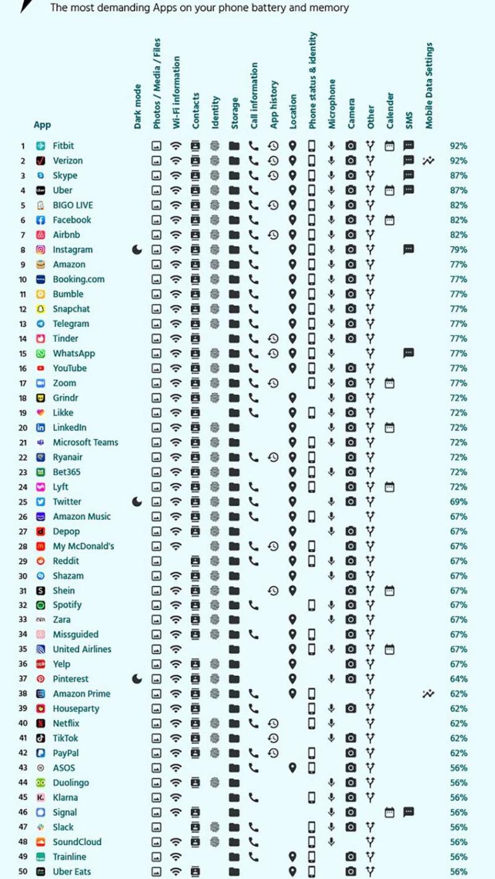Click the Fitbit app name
(63, 146)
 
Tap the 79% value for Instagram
(458, 250)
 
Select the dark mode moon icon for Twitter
(137, 501)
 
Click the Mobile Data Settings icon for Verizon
(429, 161)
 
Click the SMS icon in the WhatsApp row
(408, 353)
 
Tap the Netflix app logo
(41, 723)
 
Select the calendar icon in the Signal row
(389, 812)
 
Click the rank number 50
(23, 872)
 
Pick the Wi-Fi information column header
(177, 93)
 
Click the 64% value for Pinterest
(458, 679)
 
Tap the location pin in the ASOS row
(293, 767)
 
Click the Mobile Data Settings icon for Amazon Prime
(429, 694)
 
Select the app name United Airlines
(82, 649)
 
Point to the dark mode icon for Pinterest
(137, 679)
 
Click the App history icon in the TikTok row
(273, 738)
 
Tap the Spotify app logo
(41, 605)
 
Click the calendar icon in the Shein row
(389, 590)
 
